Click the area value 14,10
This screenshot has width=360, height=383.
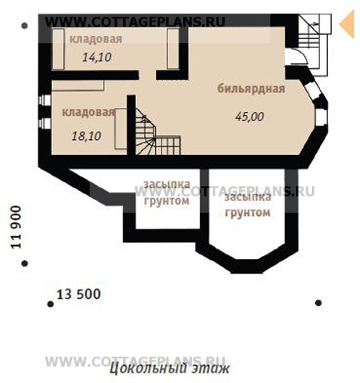click(97, 57)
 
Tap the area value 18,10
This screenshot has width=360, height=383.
click(86, 136)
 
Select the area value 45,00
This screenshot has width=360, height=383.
click(250, 117)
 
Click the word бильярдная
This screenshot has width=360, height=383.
click(251, 89)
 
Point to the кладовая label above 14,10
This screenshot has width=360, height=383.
click(96, 39)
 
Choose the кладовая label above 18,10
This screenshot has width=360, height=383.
click(88, 112)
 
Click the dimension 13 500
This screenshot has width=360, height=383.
click(79, 294)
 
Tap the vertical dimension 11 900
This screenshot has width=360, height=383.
click(16, 227)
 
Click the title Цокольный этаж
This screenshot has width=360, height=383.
click(170, 369)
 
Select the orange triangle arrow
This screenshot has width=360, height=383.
click(347, 23)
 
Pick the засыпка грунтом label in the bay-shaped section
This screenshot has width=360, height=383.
click(247, 205)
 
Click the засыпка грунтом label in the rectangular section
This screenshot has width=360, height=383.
click(167, 193)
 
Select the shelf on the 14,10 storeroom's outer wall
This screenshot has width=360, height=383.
click(58, 50)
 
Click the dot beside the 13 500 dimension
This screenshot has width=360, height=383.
click(50, 304)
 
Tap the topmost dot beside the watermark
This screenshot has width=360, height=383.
click(25, 26)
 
